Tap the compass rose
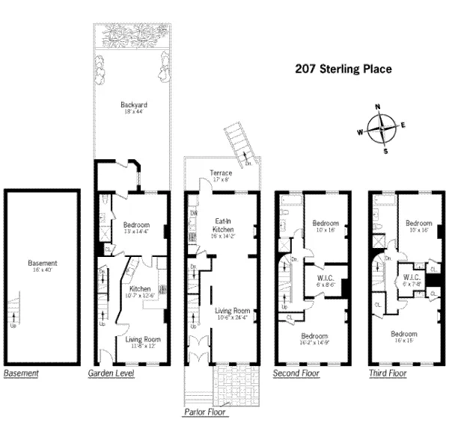[382, 128]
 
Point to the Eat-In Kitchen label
[222, 225]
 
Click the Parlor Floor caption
[205, 412]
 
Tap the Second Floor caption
[297, 372]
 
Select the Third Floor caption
[388, 372]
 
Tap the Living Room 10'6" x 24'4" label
[232, 314]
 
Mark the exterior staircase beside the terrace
[242, 145]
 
